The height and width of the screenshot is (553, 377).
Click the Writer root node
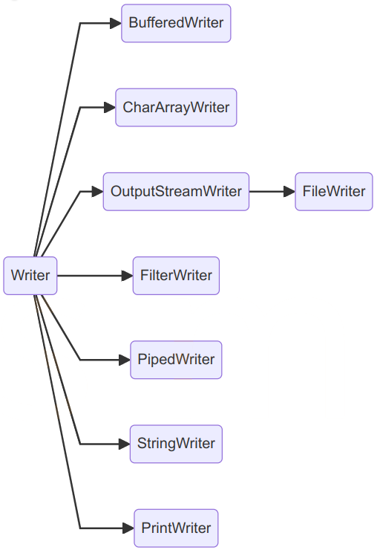coord(30,276)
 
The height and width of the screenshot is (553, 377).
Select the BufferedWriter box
coord(176,23)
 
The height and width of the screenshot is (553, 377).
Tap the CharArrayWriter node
coord(176,107)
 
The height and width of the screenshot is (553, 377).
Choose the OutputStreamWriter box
coord(176,192)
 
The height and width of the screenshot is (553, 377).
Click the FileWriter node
coord(334,192)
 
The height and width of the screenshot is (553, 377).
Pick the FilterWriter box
coord(176,276)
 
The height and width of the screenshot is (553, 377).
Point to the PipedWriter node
coord(176,360)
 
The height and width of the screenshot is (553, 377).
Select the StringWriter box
coord(176,444)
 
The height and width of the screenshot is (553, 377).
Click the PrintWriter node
coord(176,528)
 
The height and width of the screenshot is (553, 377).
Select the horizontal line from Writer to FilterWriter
coord(89,276)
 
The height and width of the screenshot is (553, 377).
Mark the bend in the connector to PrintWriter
coord(80,528)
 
